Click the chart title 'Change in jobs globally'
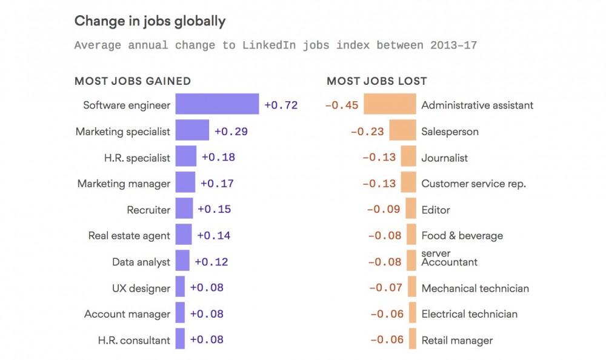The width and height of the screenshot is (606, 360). click(150, 21)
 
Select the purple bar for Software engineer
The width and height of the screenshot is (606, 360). click(217, 104)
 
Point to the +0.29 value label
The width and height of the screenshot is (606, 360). click(231, 131)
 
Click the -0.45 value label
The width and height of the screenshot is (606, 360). click(342, 105)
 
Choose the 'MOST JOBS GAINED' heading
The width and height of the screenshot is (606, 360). click(133, 81)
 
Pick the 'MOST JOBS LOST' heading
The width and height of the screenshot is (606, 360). click(377, 81)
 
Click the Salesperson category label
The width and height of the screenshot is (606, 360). click(450, 132)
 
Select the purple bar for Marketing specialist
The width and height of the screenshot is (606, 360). click(192, 131)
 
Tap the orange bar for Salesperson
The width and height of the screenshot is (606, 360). click(402, 131)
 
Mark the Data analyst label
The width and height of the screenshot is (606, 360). click(141, 262)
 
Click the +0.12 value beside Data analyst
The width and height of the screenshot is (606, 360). click(211, 262)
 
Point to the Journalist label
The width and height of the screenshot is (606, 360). click(445, 158)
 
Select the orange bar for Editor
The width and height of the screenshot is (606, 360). click(411, 209)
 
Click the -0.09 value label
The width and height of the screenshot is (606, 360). click(384, 209)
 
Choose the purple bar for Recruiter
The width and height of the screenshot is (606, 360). click(184, 209)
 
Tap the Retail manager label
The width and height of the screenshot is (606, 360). click(457, 340)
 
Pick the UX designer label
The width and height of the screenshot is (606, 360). click(141, 288)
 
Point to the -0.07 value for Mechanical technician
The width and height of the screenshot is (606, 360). click(385, 288)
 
